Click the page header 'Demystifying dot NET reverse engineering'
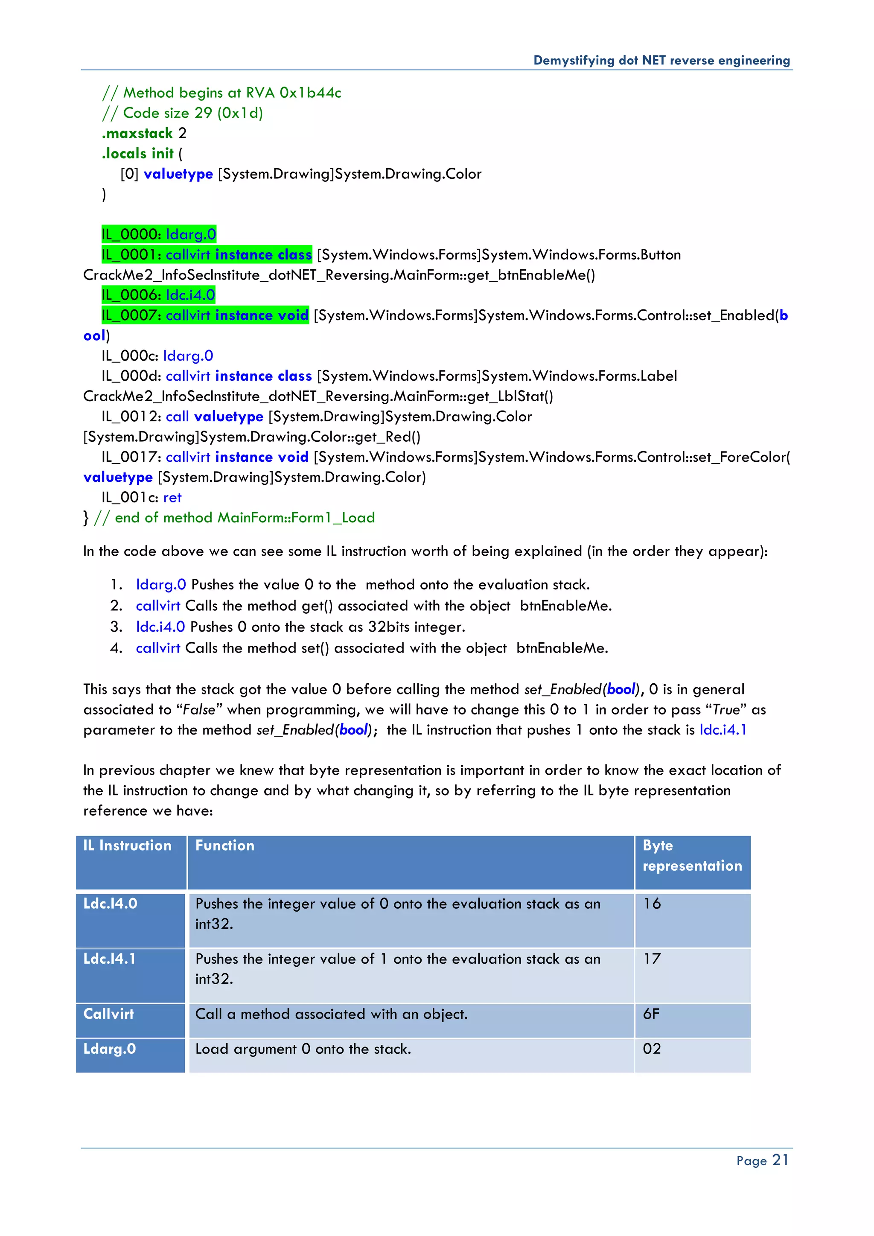tap(661, 60)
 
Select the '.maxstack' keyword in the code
tap(137, 134)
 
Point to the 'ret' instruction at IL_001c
tap(172, 497)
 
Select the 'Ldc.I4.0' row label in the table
tap(111, 904)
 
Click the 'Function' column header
tap(224, 846)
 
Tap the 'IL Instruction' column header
tap(127, 846)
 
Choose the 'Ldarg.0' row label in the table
tap(109, 1049)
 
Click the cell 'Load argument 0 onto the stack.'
tap(303, 1049)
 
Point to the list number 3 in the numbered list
tap(116, 627)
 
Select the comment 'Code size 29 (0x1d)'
tap(192, 113)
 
